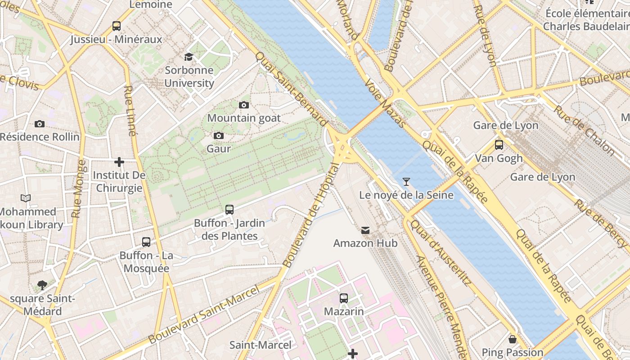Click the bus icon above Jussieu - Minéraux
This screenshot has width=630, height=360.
click(117, 26)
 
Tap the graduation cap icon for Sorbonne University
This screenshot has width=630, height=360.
click(189, 57)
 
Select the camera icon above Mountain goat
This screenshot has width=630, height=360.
click(243, 105)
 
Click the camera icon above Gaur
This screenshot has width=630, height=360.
click(219, 135)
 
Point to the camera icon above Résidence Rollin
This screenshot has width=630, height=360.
click(40, 124)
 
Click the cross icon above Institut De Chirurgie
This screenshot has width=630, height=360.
click(119, 162)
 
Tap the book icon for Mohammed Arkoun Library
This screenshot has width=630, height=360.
click(26, 198)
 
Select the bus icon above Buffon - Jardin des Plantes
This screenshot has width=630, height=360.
click(229, 209)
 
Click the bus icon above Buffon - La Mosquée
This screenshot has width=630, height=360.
click(146, 242)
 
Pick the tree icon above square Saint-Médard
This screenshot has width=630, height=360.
click(42, 285)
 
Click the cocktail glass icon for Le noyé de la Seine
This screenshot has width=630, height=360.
click(406, 181)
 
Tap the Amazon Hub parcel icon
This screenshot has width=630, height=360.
click(365, 230)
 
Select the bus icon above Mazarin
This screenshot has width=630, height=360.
click(344, 298)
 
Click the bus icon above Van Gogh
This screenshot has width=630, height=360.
click(499, 144)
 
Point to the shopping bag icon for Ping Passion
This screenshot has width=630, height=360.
click(512, 339)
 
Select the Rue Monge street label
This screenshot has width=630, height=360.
click(79, 189)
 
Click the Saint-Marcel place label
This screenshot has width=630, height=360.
click(261, 345)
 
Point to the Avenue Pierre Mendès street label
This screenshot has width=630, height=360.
click(444, 306)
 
